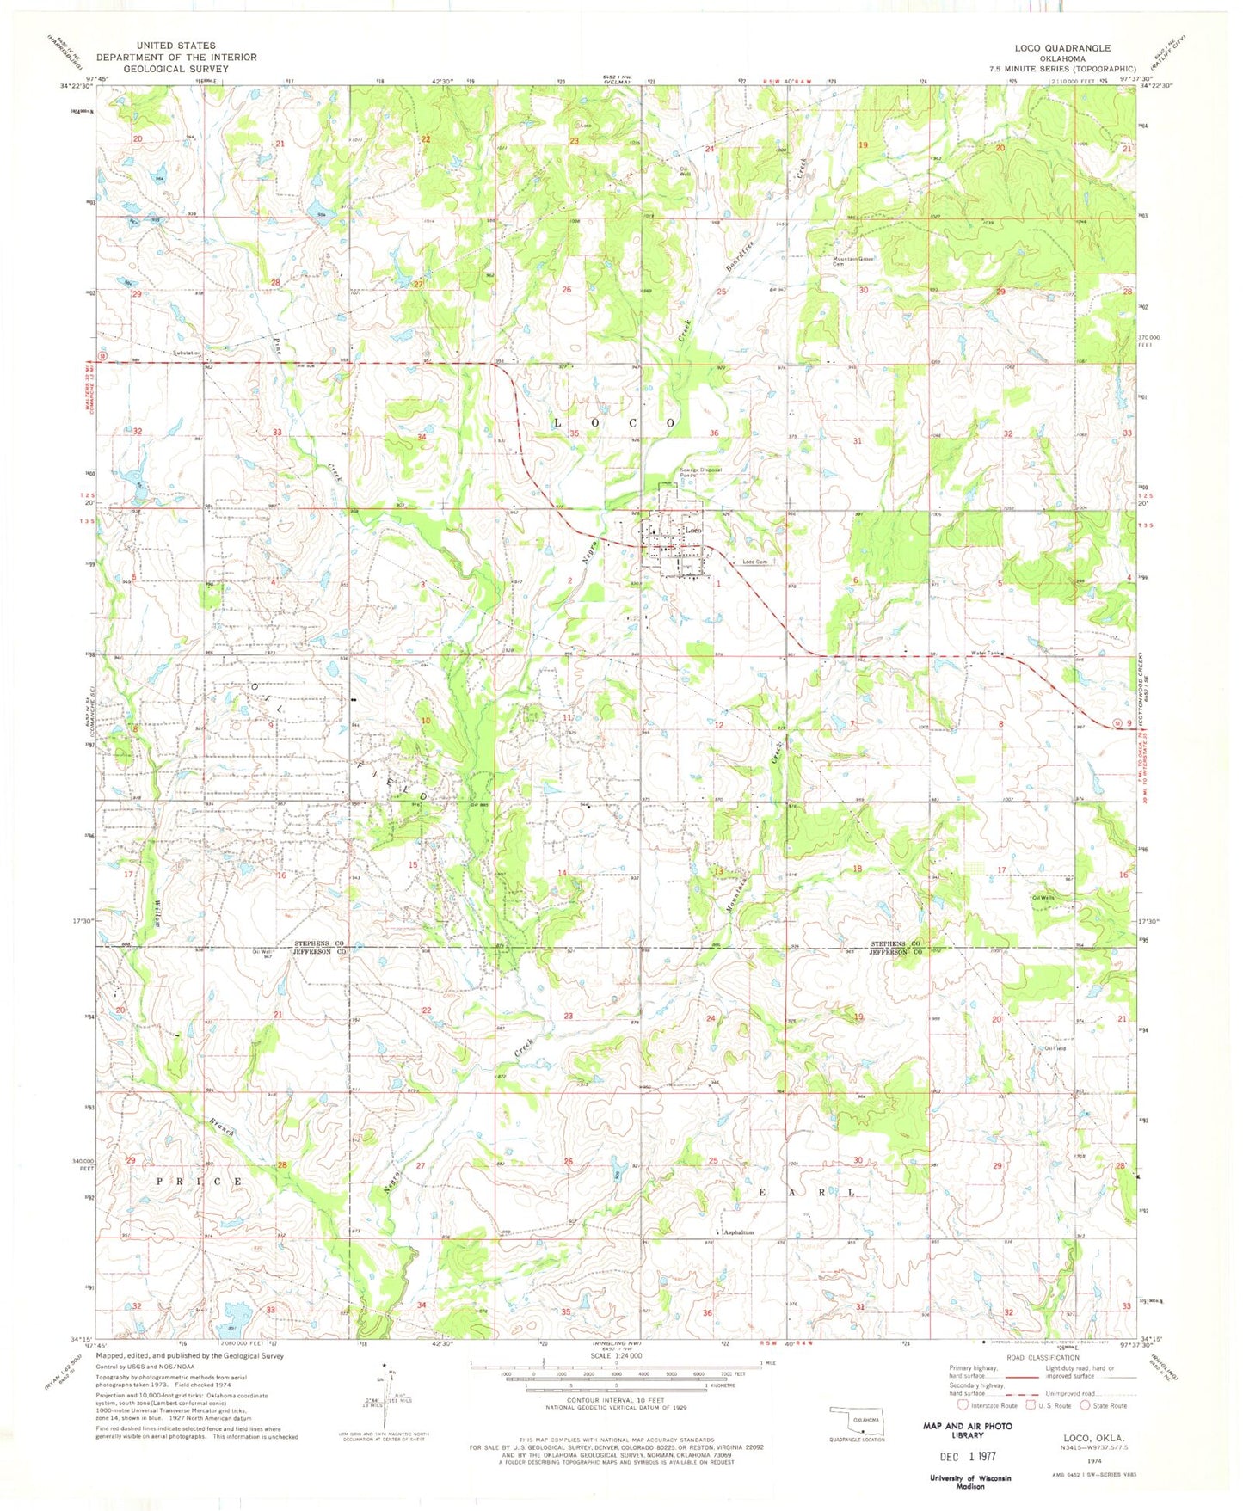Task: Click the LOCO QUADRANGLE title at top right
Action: pos(1062,48)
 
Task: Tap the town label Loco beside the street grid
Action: pos(693,531)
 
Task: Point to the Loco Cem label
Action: pos(754,562)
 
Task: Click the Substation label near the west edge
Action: pos(187,353)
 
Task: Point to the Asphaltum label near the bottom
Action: pos(738,1232)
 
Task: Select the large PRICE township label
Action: pos(200,1182)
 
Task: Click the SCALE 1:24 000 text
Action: pos(616,1356)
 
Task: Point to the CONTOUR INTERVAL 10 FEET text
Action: pos(616,1400)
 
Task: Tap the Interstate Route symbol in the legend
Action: pos(963,1405)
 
